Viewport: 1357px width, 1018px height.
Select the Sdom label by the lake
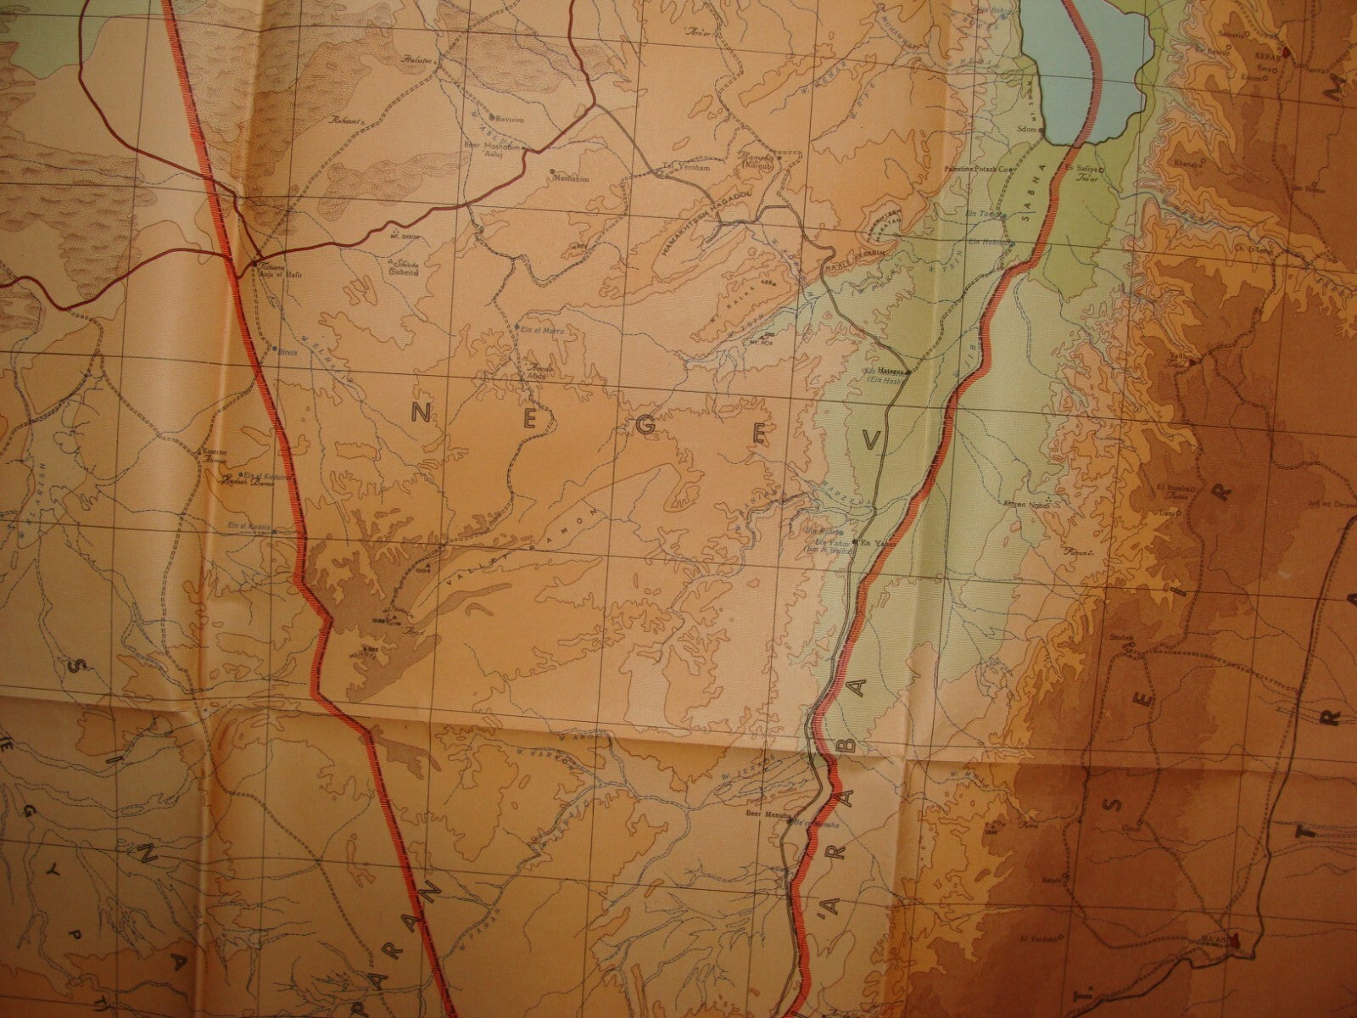(x=1029, y=130)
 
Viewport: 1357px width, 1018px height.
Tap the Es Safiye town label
(x=1086, y=170)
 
